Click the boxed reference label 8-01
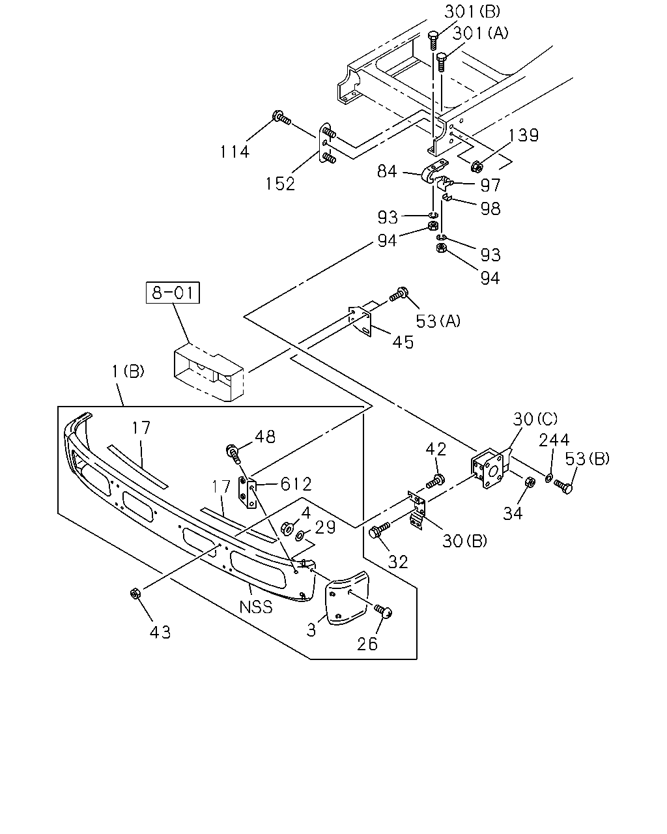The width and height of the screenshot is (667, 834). pos(173,293)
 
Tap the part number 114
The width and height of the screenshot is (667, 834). pos(235,152)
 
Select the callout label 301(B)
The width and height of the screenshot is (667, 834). pos(472,11)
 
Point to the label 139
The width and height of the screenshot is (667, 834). pos(523,136)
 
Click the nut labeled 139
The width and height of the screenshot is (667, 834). pos(477,167)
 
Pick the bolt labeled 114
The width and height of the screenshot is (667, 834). pos(281,117)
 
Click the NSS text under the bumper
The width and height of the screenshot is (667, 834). pos(256,607)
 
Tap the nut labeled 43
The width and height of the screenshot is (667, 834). pos(135,594)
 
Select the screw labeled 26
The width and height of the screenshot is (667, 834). pos(384,612)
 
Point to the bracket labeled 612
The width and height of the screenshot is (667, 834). pos(247,492)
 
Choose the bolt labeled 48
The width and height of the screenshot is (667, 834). pos(233,454)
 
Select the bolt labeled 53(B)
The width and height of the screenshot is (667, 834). pos(563,487)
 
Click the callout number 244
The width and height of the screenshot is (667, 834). pos(554,440)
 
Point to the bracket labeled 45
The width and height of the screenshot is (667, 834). pos(360,321)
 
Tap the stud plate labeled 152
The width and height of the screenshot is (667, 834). pos(327,143)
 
